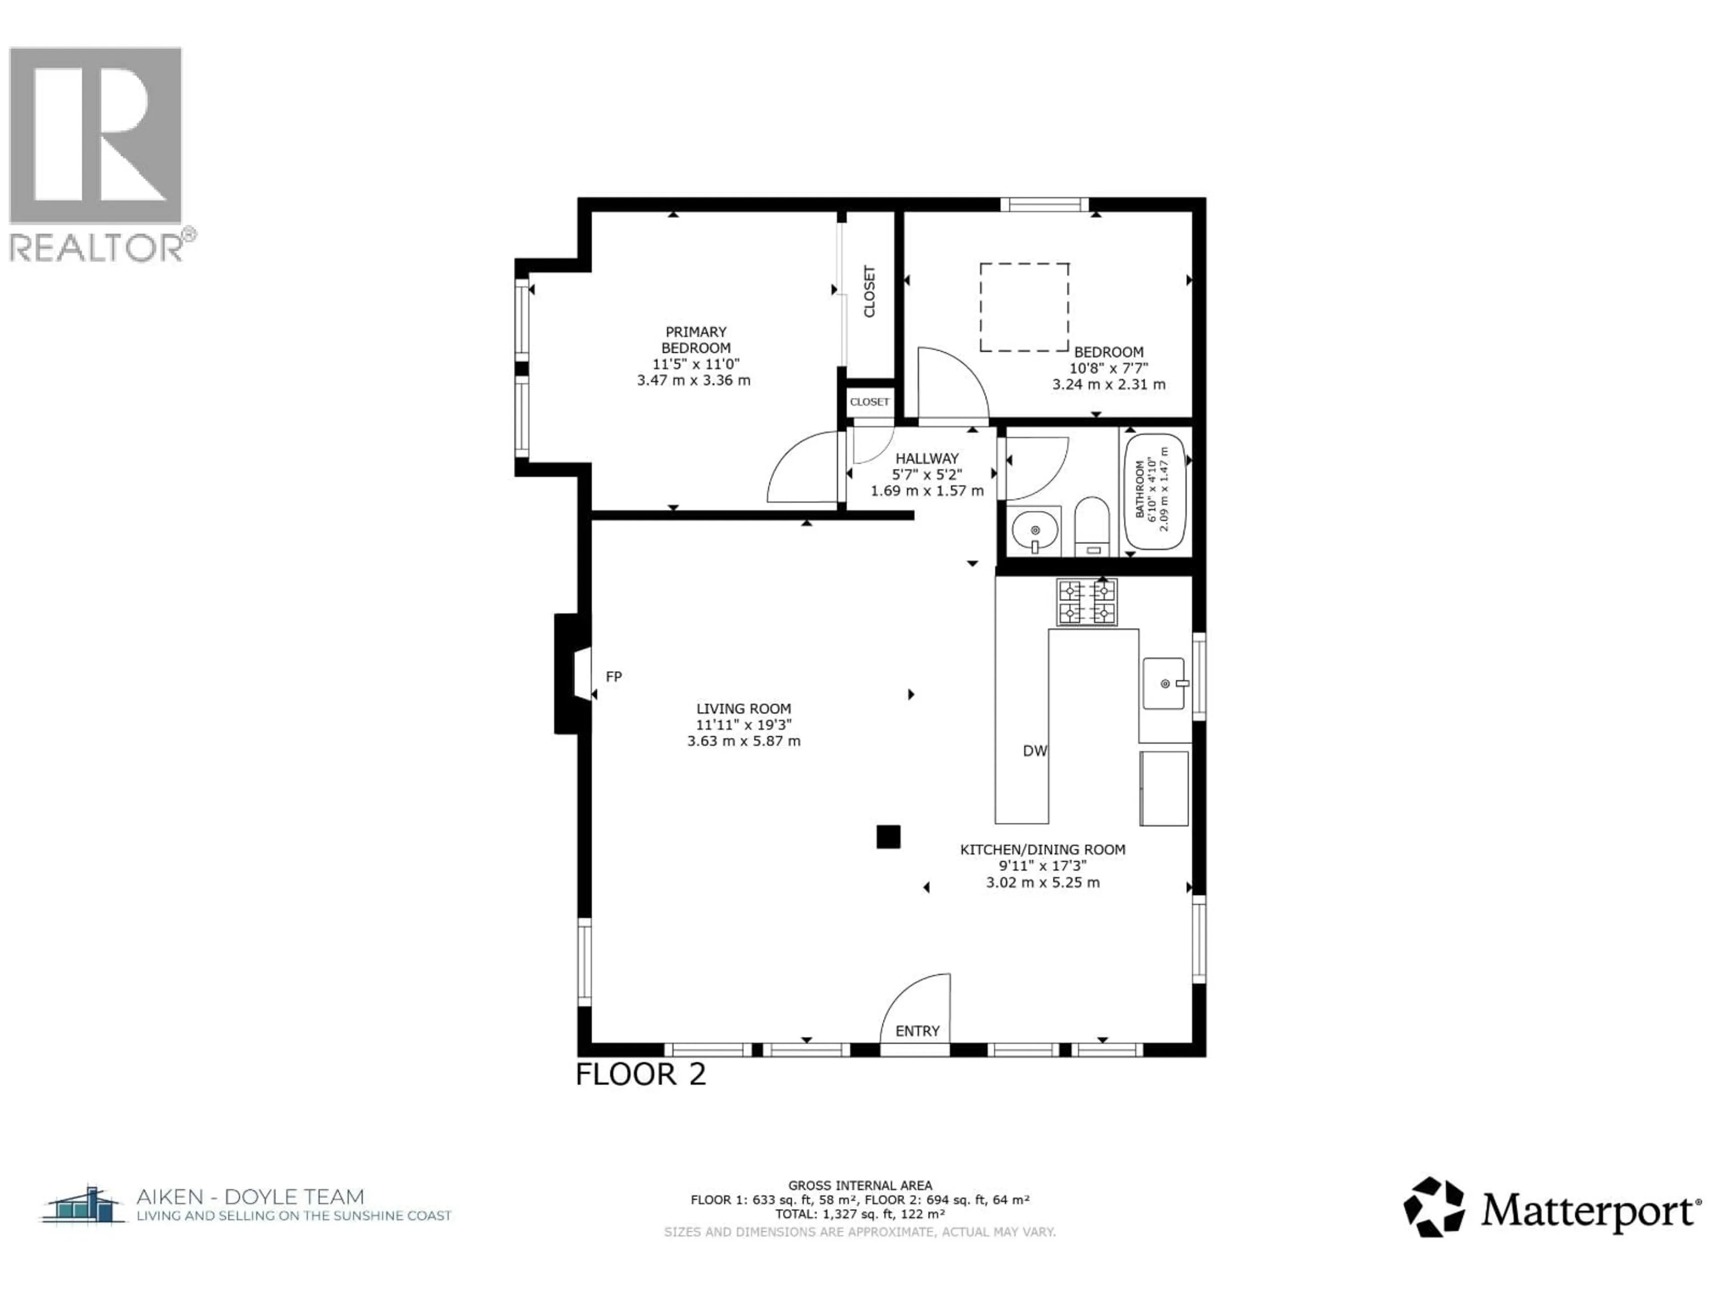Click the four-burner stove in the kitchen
1086,602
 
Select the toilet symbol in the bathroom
1092,525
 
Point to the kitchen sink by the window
1164,683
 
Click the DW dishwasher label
1035,751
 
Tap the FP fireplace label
614,677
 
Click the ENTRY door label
917,1031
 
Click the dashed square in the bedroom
1024,308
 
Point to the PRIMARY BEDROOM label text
696,340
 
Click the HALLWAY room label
927,459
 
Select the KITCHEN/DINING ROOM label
1042,850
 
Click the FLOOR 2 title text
640,1074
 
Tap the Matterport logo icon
1433,1207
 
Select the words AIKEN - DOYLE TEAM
250,1197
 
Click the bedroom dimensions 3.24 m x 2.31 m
1109,385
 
